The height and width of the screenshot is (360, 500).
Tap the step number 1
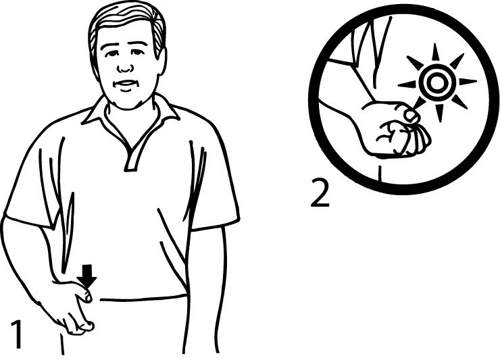(x=17, y=334)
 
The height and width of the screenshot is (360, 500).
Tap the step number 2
(x=320, y=193)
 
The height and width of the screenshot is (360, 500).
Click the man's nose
(x=125, y=64)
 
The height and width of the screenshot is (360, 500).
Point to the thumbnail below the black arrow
(x=87, y=297)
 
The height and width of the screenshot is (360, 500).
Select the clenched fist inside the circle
(x=399, y=131)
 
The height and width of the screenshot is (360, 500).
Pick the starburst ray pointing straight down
(x=439, y=113)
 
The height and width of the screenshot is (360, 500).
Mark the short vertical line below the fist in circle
(x=380, y=173)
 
